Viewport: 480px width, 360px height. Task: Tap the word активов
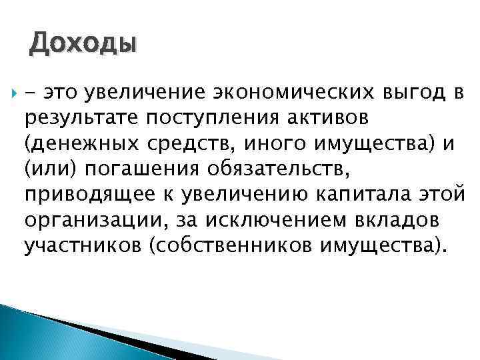[x=320, y=117]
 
